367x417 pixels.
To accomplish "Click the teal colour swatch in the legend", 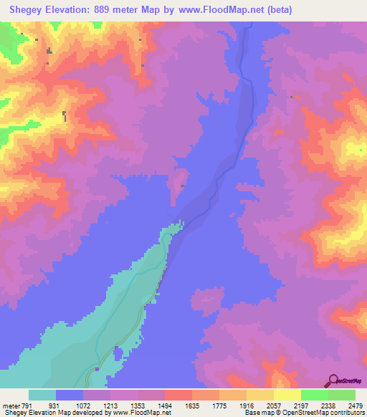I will coord(42,396).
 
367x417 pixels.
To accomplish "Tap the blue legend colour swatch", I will coord(70,396).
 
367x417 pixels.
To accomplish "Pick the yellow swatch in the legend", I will coord(287,396).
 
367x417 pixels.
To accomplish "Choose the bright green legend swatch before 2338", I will coord(315,396).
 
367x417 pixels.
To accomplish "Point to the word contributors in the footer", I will coord(348,412).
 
